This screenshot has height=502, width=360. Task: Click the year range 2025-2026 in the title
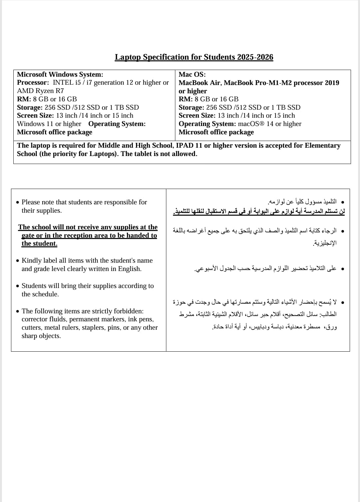point(255,57)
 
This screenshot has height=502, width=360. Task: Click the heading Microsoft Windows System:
point(60,74)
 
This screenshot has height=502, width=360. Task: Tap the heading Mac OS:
point(192,74)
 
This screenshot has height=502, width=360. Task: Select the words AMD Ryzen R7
point(40,91)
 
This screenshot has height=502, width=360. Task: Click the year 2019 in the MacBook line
point(331,83)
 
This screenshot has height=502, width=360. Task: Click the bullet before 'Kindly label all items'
point(18,261)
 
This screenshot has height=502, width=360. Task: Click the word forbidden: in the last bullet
point(128,311)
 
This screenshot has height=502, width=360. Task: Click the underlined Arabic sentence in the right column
point(259,211)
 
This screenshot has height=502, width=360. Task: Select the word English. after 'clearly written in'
point(130,269)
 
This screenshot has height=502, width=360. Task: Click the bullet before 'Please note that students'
point(18,202)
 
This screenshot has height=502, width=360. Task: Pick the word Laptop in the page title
point(128,57)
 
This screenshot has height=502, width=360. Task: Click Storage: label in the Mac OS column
point(191,107)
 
